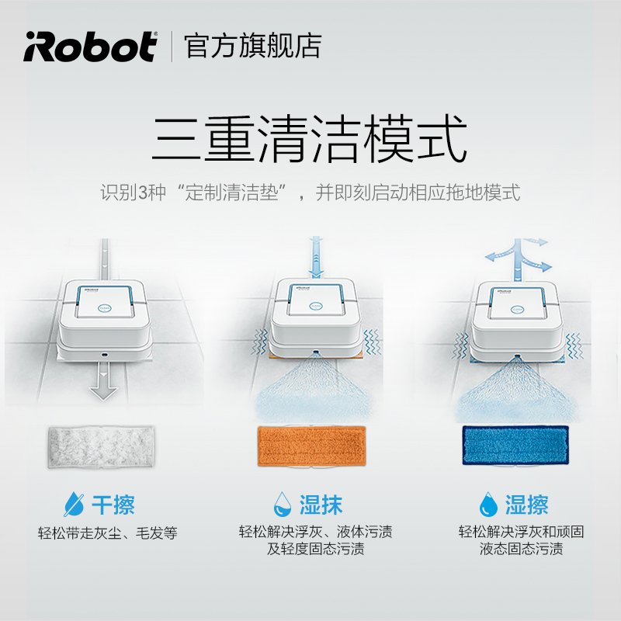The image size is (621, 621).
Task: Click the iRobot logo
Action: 90,47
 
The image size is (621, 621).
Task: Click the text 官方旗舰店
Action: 252,47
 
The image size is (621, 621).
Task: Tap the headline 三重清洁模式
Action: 310,139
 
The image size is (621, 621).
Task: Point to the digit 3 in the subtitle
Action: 142,193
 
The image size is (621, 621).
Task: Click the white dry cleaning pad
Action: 101,447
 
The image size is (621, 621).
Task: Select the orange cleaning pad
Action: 312,446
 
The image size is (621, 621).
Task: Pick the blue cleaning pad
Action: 515,445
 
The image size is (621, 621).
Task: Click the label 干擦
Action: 113,505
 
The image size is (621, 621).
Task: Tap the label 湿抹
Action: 321,505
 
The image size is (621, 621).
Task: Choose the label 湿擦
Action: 527,505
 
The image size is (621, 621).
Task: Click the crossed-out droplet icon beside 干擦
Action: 74,504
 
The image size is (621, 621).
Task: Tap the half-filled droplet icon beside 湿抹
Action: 283,504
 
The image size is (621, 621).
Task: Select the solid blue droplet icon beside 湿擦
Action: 488,504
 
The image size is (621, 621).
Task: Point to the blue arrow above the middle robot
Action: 316,257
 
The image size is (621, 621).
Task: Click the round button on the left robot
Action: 105,308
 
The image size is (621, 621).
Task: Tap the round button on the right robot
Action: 517,310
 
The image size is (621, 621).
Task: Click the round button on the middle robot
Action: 316,306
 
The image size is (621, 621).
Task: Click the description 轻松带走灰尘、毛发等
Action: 107,533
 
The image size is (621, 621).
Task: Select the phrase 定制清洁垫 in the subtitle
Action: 231,193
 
